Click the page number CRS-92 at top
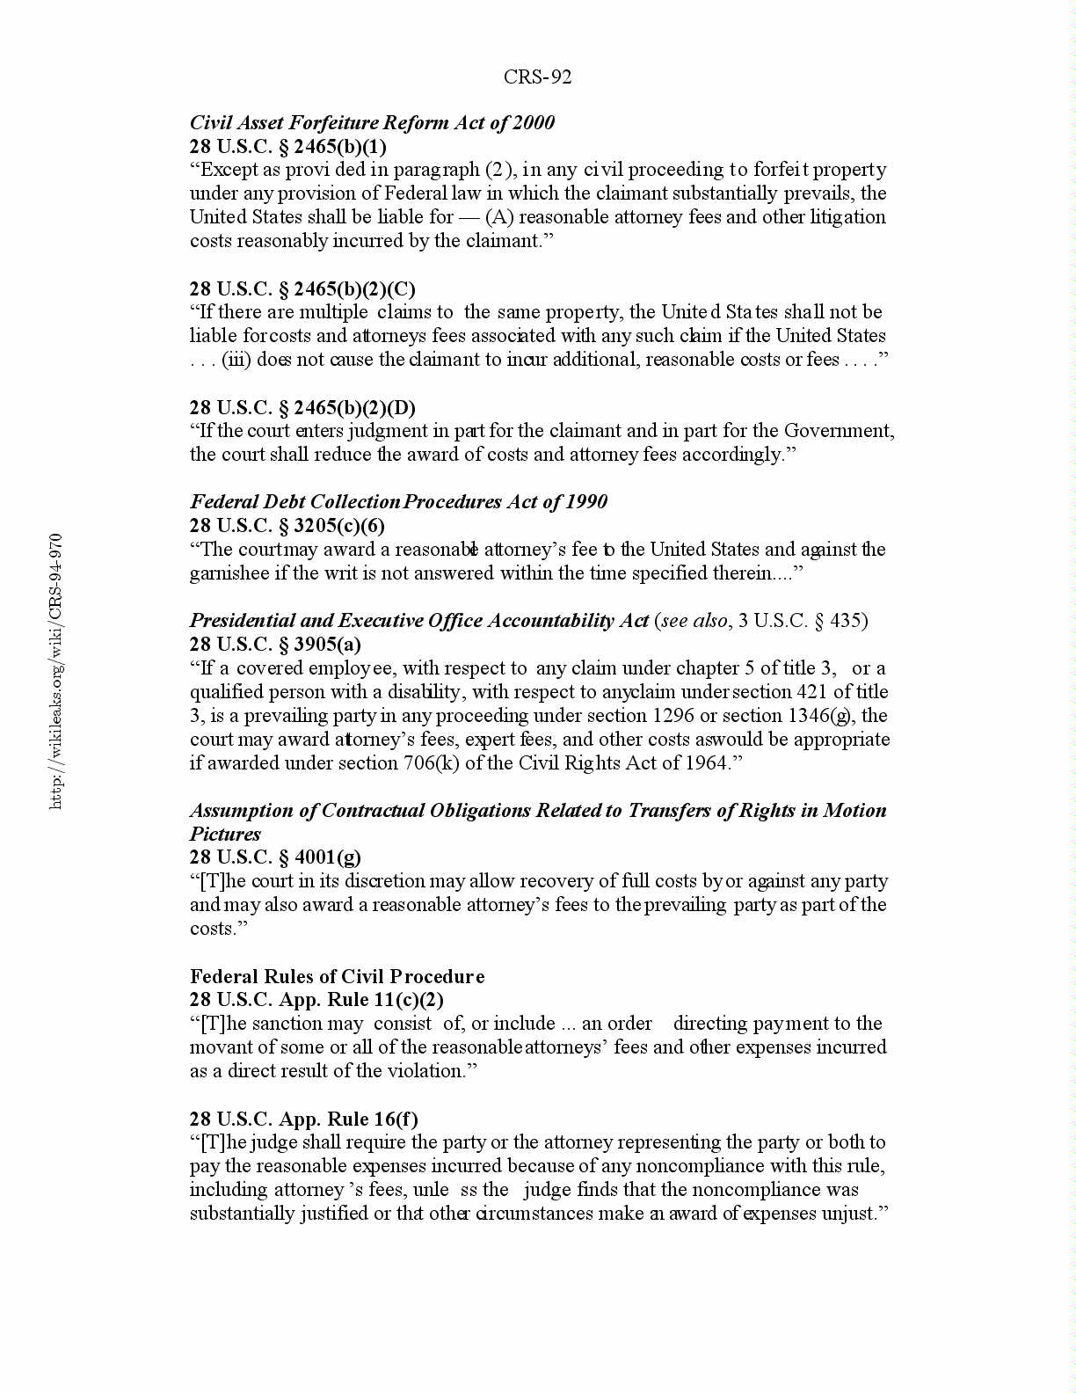(537, 77)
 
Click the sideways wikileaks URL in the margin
(55, 671)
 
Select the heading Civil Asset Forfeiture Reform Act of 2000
(372, 122)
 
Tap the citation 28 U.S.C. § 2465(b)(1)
(287, 146)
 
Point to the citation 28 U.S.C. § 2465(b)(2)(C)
(302, 288)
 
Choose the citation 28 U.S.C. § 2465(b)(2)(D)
(302, 407)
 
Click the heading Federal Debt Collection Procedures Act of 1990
(398, 501)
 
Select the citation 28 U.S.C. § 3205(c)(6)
(287, 525)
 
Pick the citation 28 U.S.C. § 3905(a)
(275, 645)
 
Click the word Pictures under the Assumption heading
(225, 834)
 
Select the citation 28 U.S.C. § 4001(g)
(275, 857)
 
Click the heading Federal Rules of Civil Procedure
(337, 976)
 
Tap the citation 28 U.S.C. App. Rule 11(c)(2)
(316, 1000)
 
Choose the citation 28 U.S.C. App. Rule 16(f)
(303, 1119)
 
